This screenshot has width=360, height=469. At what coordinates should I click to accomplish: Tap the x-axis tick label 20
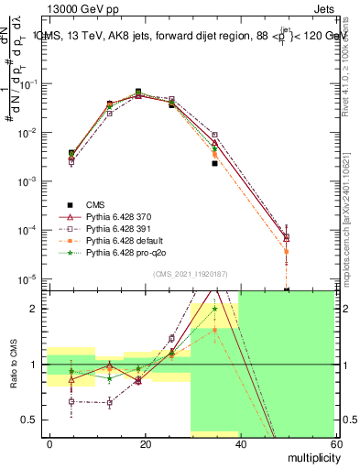(145, 442)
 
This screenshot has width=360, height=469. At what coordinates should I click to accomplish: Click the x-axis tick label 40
(239, 442)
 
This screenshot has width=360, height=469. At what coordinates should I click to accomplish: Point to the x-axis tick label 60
(333, 442)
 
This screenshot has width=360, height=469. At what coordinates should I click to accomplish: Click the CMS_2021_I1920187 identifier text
(190, 275)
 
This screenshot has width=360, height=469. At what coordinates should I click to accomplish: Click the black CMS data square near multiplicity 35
(214, 163)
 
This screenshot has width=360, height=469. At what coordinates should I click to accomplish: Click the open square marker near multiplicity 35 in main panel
(214, 135)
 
